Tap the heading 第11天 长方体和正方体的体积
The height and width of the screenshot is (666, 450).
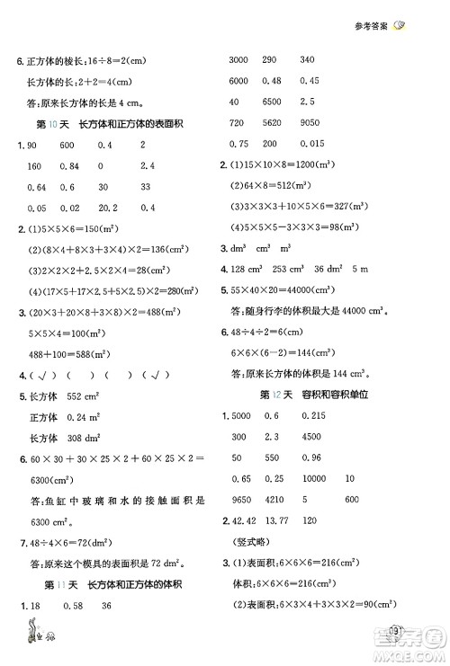(x=121, y=611)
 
